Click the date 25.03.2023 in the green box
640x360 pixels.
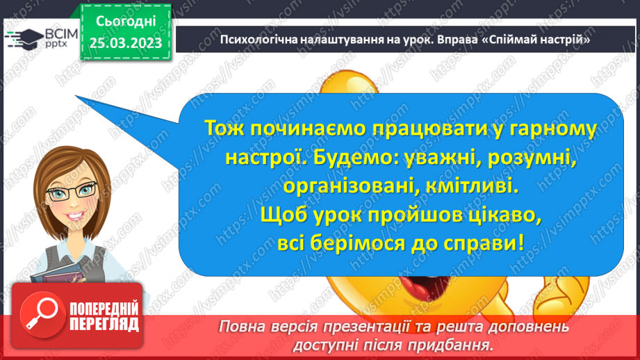coord(126,43)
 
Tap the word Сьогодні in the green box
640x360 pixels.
coord(126,22)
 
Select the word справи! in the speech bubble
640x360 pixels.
coord(484,244)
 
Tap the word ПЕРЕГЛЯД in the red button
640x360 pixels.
coord(104,325)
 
